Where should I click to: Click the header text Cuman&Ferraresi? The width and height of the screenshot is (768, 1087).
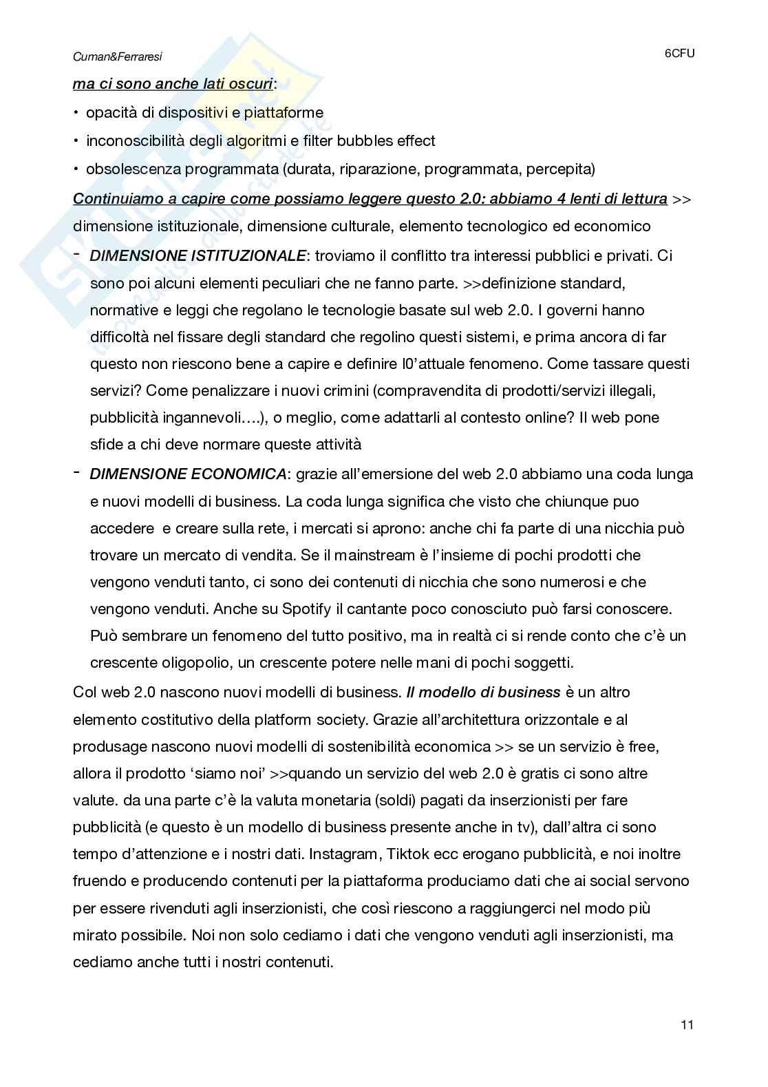(x=118, y=58)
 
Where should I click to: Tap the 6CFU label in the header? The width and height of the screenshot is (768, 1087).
(x=679, y=53)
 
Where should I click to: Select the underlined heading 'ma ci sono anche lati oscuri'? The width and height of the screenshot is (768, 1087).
(x=173, y=85)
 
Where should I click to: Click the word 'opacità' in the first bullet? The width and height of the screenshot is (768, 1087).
(x=111, y=112)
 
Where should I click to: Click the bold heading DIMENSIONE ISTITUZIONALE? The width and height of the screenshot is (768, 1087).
(x=198, y=255)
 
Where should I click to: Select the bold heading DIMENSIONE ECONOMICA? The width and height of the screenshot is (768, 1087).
(x=189, y=474)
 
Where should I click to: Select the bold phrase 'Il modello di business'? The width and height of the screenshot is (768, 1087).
(x=483, y=692)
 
